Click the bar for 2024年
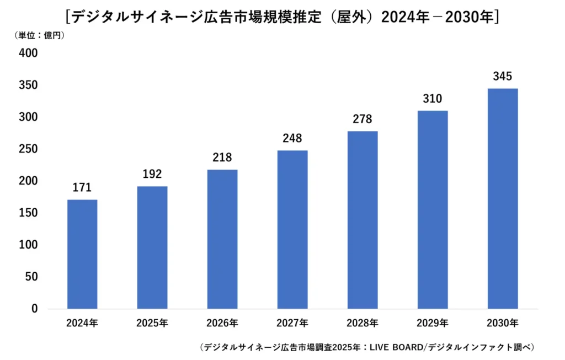[x=82, y=254]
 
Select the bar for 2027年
[x=292, y=229]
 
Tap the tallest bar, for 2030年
[x=503, y=199]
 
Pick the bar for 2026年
[x=222, y=239]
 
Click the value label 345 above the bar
[x=503, y=76]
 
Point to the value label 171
[x=82, y=188]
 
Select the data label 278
[x=363, y=119]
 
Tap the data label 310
[x=433, y=99]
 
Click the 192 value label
[x=152, y=174]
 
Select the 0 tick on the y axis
[x=34, y=309]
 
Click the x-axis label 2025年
[x=152, y=323]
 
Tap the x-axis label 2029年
[x=433, y=323]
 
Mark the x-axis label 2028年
[x=363, y=323]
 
